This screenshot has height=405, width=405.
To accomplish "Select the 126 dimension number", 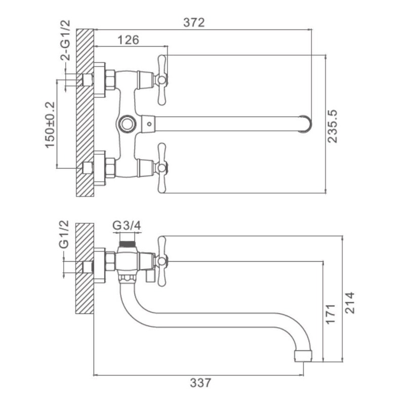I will (128, 40).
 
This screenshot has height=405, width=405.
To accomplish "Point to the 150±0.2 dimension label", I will (50, 125).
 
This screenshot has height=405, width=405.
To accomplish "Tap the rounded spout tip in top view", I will (305, 123).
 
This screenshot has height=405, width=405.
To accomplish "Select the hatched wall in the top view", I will (85, 114).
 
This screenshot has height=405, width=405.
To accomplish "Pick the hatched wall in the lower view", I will (85, 268).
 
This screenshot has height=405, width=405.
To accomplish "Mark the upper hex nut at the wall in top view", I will (108, 79).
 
